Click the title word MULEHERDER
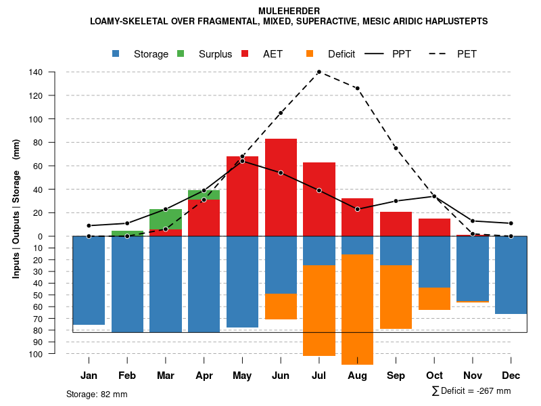(289, 11)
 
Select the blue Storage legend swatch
(116, 53)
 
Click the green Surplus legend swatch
(181, 53)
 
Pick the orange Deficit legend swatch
(310, 53)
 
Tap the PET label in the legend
(467, 54)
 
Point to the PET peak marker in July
(319, 72)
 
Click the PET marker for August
(357, 88)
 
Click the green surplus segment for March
(166, 219)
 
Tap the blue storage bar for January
(89, 280)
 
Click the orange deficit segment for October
(434, 298)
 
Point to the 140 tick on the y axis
(37, 72)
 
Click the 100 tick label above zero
(37, 119)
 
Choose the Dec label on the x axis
(511, 376)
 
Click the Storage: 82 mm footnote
(97, 394)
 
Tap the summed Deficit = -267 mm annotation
(471, 391)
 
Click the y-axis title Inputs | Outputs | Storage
(16, 209)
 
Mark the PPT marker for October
(434, 196)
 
